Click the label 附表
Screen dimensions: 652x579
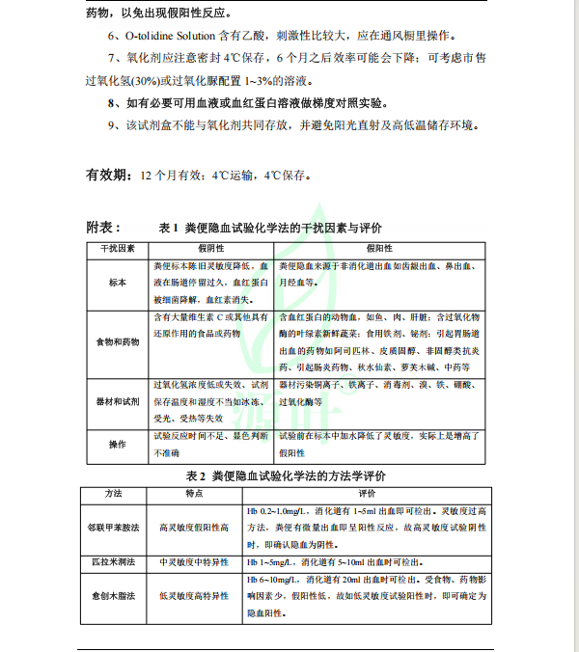coord(103,228)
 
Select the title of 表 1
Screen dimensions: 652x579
coord(270,229)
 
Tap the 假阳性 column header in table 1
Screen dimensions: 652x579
coord(208,249)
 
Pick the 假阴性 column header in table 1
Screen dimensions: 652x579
coord(378,249)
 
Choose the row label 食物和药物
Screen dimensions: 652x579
coord(117,341)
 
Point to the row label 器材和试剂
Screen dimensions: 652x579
coord(117,399)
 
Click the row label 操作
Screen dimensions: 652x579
coord(117,444)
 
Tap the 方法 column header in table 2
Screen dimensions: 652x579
coord(114,494)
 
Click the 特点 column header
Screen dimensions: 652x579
coord(193,494)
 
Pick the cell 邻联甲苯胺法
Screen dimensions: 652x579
coord(114,529)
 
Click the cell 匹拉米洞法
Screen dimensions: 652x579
coord(114,561)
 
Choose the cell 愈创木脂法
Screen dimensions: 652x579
coord(114,596)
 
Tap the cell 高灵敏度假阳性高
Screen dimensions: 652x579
coord(193,529)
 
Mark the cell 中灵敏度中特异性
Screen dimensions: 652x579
coord(193,561)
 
